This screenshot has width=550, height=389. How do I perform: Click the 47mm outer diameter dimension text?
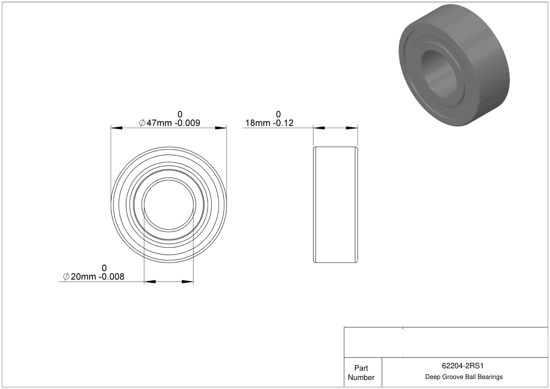[159, 123]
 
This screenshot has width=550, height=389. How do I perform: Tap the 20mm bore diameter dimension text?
[84, 276]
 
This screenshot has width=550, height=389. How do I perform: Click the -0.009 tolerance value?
[187, 123]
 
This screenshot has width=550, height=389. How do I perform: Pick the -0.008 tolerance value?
[112, 276]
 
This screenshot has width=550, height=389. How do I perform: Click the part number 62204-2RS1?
[462, 366]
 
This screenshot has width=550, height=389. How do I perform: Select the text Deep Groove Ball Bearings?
[464, 377]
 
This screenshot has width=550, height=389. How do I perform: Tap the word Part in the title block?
[361, 368]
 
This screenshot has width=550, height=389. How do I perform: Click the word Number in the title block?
[361, 377]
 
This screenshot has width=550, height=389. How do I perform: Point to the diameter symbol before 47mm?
[142, 123]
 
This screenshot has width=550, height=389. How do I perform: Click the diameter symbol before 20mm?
[66, 276]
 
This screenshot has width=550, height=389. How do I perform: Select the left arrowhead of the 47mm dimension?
[117, 128]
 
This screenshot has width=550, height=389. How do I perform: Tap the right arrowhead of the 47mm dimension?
[221, 128]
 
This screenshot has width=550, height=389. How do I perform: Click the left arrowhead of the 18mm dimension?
[319, 128]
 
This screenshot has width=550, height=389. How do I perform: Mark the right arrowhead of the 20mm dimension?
[187, 282]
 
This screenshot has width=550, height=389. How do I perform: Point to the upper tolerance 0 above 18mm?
[278, 114]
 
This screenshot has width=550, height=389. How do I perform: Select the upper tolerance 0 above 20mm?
[104, 268]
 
